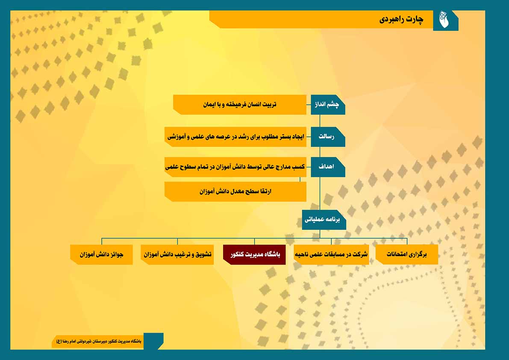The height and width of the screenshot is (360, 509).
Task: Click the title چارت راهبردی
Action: (x=401, y=20)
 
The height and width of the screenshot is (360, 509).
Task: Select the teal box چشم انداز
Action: (x=327, y=104)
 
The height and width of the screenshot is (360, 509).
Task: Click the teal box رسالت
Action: (x=327, y=137)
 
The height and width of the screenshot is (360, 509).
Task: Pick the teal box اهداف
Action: (x=327, y=167)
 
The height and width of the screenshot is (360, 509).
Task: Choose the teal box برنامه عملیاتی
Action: (x=324, y=220)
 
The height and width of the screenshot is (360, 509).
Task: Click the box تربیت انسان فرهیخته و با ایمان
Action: (x=240, y=104)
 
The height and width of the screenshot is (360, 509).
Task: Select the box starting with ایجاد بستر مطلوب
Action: (x=235, y=137)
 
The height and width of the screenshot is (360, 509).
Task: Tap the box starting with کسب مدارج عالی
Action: (x=235, y=167)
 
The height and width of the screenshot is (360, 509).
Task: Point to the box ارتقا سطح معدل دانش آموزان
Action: (x=235, y=192)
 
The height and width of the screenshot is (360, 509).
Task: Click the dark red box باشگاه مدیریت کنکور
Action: (x=254, y=254)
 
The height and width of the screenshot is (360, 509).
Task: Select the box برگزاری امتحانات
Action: (x=407, y=254)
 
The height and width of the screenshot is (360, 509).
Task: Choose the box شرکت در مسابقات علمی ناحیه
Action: (x=331, y=254)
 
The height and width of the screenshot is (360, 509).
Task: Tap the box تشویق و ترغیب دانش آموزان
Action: (x=177, y=254)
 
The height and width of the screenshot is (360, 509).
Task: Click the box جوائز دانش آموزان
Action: (x=101, y=254)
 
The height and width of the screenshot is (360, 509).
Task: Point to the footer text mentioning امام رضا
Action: (x=99, y=342)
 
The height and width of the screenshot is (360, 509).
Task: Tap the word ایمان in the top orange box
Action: (x=210, y=104)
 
